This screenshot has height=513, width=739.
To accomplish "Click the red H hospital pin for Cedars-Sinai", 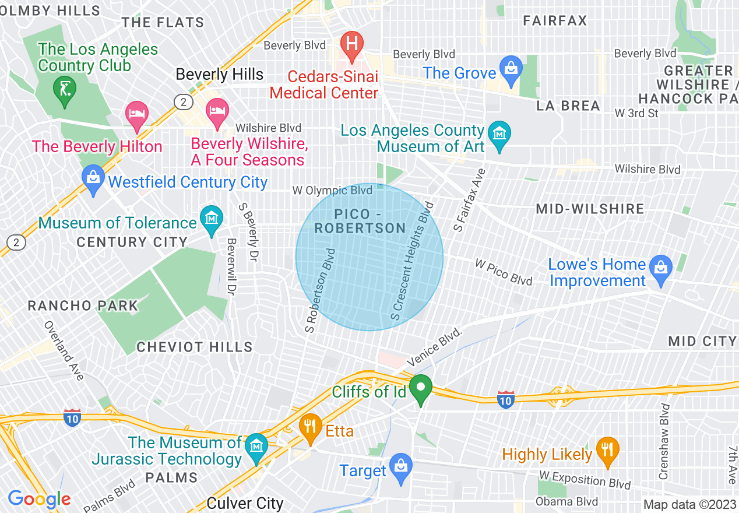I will tap(352, 45).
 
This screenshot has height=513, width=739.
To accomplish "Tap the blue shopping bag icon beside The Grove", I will tap(511, 68).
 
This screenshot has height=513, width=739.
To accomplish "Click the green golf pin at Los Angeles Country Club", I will tap(64, 91).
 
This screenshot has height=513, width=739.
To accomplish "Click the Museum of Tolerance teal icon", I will tap(211, 219).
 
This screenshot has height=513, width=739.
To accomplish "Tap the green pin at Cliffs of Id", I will tap(420, 388).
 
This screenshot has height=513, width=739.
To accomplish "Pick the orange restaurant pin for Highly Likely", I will tap(608, 451).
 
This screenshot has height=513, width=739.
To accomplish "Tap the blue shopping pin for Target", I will tap(400, 467).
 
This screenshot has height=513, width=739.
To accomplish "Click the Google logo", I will tap(40, 499).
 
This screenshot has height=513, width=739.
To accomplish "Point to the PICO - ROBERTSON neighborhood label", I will tap(360, 221).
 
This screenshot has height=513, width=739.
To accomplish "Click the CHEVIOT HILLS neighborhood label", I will tap(195, 347).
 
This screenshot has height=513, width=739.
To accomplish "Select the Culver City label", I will tap(245, 503).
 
